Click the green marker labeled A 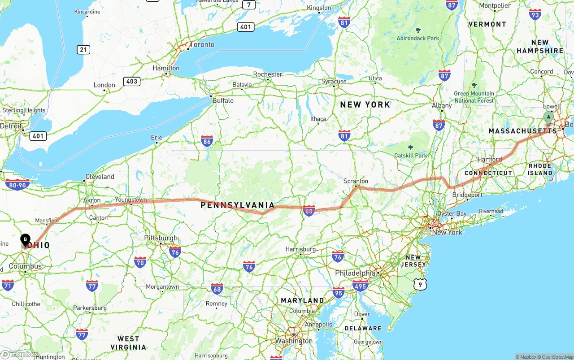pos(548,117)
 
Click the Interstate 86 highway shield pos(207,141)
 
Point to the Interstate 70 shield pos(140,262)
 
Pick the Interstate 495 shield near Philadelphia pos(361,285)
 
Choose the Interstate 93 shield pos(535,14)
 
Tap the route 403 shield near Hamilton pos(132,81)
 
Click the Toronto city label pos(202,45)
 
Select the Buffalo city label pos(223,100)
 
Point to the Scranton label pos(356,182)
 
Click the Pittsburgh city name pos(161,238)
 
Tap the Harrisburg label pos(300,249)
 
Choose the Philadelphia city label pos(355,273)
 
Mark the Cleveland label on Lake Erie pos(100,177)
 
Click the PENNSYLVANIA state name pos(237,205)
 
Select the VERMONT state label pos(487,24)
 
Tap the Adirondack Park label pos(418,39)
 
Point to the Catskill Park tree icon pos(410,147)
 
